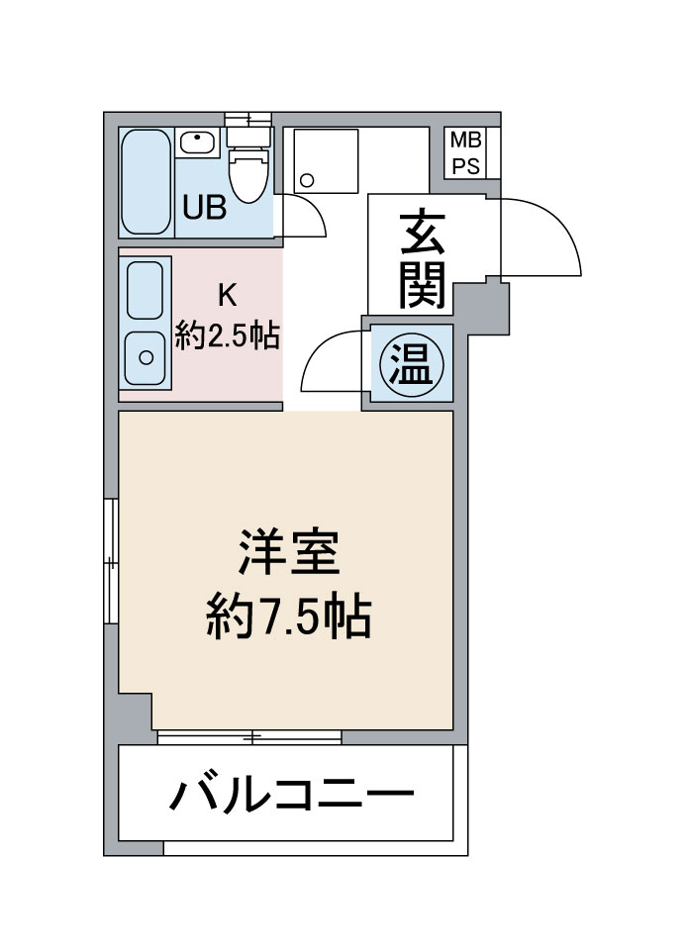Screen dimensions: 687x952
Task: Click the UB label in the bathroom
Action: tap(205, 208)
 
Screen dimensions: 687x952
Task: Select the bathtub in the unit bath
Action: tap(146, 181)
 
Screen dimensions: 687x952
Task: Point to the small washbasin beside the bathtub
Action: tap(197, 143)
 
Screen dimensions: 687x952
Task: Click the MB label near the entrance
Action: tap(466, 141)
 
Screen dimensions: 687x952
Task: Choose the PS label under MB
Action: tap(466, 165)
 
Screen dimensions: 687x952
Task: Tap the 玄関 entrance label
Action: tap(422, 259)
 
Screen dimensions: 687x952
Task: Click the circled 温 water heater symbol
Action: tap(412, 364)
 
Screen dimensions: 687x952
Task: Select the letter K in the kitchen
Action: tap(227, 296)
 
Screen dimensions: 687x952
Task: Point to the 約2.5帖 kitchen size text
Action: tap(227, 335)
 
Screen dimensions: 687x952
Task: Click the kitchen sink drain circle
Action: tap(146, 357)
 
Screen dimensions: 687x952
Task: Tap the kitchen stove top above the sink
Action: tap(146, 290)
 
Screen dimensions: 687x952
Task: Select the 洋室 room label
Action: tap(288, 552)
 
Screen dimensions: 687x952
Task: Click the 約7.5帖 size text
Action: tap(288, 618)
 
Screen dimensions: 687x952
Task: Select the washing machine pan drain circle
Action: tap(307, 180)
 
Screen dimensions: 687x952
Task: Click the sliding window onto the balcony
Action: tap(249, 737)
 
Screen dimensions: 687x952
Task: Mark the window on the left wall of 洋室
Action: tap(111, 561)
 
